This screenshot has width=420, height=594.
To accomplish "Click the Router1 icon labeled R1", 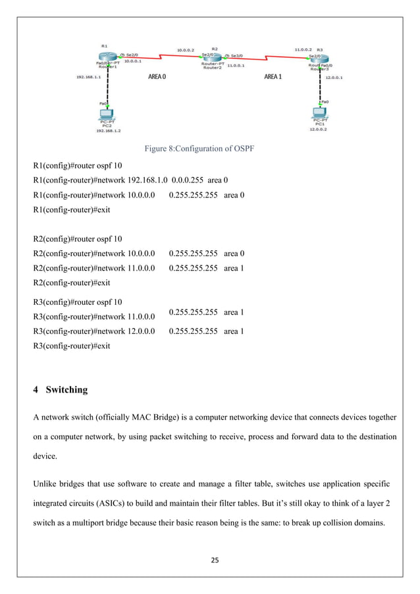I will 109,58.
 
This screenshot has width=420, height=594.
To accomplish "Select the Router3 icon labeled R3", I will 317,59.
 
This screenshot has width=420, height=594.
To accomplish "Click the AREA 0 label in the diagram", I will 157,77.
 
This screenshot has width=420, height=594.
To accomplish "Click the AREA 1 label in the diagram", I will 273,77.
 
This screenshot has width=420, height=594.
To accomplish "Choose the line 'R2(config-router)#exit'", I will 72,283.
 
